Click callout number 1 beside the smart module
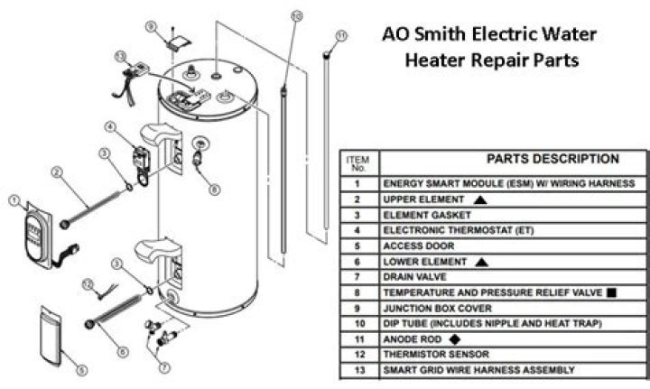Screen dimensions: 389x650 [x=14, y=199]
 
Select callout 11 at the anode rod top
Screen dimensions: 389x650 [x=340, y=35]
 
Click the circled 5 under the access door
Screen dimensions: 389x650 [x=82, y=370]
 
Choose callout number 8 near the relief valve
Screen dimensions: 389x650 [x=213, y=189]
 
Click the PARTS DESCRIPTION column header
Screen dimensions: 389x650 [x=552, y=159]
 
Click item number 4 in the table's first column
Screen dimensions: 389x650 [x=357, y=229]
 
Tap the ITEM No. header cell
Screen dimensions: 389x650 [x=357, y=162]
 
